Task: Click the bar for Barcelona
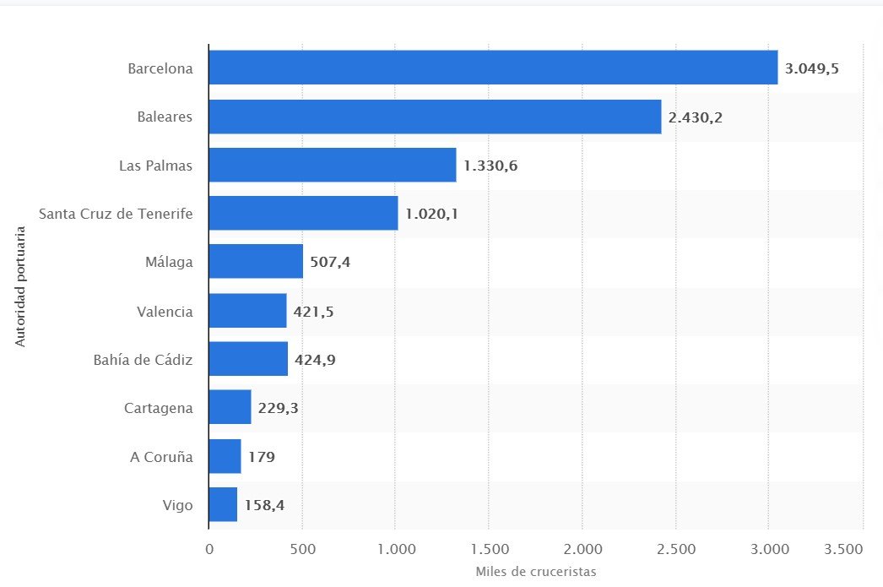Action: point(493,68)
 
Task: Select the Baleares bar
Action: point(435,117)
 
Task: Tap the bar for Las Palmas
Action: point(333,165)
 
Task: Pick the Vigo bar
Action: point(223,504)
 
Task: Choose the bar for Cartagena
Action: point(230,407)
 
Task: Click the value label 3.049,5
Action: point(811,68)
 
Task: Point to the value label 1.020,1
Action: point(431,214)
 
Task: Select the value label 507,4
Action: point(330,262)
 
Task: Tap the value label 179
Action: point(262,456)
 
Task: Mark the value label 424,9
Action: point(315,360)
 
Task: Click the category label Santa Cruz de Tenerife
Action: point(116,214)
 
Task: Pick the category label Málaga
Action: point(169,262)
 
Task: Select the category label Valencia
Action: point(165,312)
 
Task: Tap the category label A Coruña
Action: point(161,456)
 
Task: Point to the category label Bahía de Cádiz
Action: point(143,360)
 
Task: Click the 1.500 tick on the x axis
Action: point(490,549)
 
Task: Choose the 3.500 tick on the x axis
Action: point(843,549)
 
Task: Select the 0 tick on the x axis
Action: point(209,549)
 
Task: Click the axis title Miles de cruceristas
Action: point(535,572)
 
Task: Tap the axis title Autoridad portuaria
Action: point(20,286)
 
